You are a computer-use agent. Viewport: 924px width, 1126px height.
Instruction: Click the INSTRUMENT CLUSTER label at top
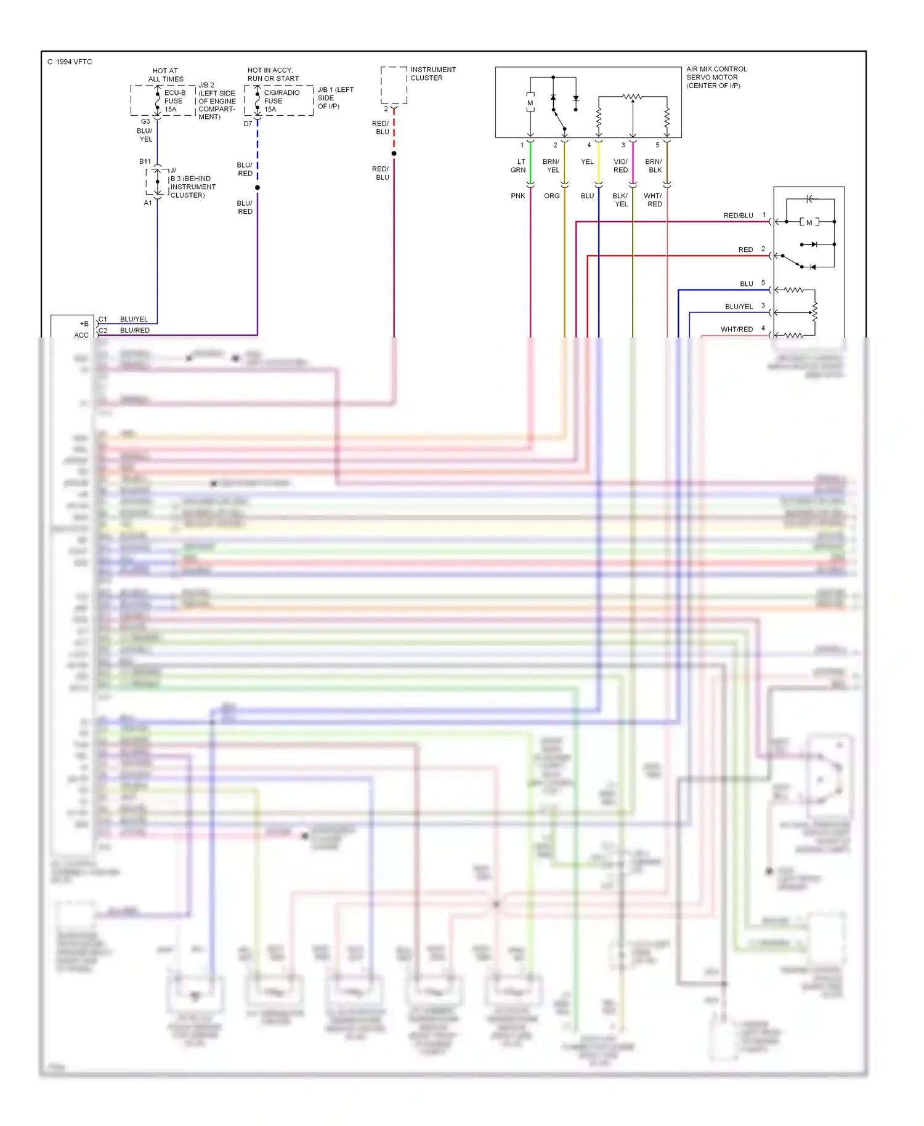click(433, 73)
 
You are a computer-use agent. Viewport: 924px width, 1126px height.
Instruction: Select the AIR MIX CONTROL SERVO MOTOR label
click(716, 77)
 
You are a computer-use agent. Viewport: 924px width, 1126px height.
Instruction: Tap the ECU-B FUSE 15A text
click(174, 101)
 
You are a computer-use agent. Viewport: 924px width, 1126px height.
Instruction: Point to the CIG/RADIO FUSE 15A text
click(281, 101)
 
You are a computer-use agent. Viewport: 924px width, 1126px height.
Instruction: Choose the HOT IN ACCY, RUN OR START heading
click(273, 74)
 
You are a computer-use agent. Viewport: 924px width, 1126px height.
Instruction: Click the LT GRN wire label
click(518, 166)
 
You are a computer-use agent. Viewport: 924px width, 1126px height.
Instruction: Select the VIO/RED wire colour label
click(620, 166)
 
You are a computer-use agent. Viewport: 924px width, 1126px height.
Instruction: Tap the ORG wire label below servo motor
click(552, 196)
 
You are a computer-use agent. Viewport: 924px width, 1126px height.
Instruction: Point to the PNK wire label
click(518, 196)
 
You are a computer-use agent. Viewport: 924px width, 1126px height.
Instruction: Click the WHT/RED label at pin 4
click(737, 330)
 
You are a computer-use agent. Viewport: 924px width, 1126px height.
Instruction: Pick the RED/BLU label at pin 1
click(738, 216)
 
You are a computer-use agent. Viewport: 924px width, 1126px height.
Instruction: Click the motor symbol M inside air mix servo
click(530, 103)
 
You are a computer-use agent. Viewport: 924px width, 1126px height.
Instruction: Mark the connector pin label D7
click(248, 124)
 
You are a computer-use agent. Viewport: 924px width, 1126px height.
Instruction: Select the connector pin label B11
click(145, 161)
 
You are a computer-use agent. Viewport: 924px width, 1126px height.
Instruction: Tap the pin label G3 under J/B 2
click(145, 121)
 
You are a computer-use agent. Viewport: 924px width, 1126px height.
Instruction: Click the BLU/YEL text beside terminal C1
click(134, 319)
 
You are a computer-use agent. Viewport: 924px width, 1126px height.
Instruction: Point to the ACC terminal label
click(81, 335)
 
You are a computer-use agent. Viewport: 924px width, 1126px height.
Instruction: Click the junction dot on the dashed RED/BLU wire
click(394, 153)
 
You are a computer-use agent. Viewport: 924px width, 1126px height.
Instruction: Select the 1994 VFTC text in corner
click(70, 62)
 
